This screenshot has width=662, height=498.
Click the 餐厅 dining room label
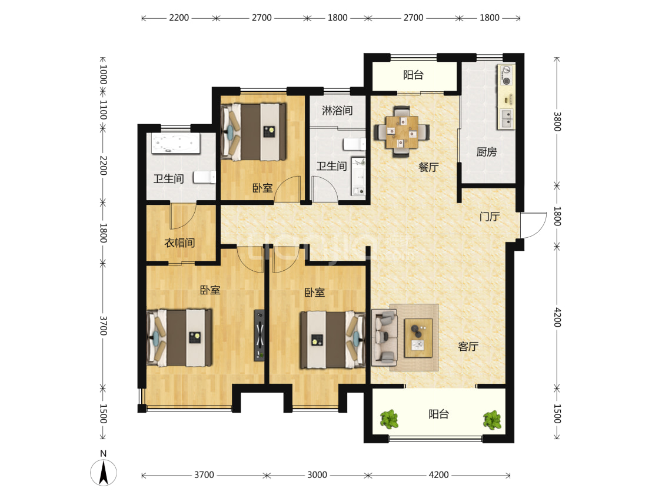(428, 167)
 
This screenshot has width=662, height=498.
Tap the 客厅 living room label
(468, 347)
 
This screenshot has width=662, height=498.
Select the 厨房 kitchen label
(487, 152)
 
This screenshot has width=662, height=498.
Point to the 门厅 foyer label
(490, 217)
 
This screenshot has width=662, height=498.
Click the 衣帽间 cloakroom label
(179, 243)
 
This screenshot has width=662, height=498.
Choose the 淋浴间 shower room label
(337, 111)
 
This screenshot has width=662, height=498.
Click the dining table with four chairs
(401, 131)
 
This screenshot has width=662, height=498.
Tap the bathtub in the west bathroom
(175, 144)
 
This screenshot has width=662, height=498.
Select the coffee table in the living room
(418, 338)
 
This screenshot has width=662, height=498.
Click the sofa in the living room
(384, 337)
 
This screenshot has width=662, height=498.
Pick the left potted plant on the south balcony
(389, 419)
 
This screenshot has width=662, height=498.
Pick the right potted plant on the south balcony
(492, 420)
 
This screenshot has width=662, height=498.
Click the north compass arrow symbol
(104, 472)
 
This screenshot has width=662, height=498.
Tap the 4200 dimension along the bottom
(438, 475)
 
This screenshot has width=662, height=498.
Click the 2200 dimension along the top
(179, 18)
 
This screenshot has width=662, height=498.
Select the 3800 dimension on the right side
(557, 121)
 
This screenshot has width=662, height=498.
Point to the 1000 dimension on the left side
(103, 74)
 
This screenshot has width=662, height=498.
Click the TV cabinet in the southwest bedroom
(260, 336)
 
